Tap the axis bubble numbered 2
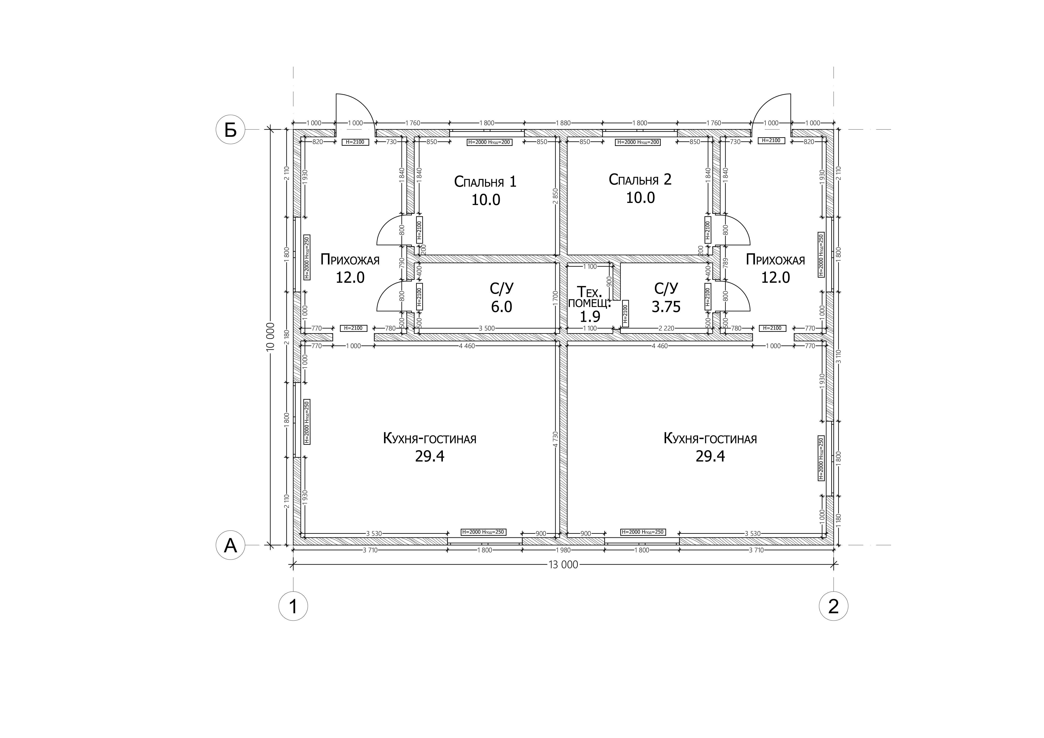(834, 606)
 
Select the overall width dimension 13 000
(563, 565)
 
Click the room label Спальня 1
(485, 182)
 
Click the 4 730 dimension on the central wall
(555, 440)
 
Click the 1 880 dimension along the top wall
(563, 123)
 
